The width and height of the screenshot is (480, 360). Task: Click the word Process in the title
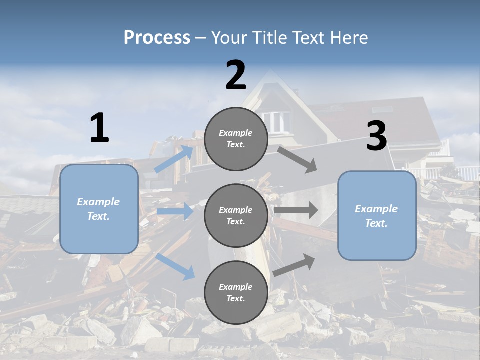(157, 37)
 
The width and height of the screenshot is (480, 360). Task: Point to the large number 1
(99, 128)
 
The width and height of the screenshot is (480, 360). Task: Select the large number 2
(236, 75)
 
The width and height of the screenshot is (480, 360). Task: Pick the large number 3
(376, 136)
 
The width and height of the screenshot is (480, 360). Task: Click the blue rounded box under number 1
(99, 209)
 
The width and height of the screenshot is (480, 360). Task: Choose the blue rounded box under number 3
(377, 215)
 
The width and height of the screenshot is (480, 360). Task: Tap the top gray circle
(236, 139)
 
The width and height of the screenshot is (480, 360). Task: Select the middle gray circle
(236, 215)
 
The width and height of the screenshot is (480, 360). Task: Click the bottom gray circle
(236, 292)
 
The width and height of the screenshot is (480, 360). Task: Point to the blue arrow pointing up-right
(174, 159)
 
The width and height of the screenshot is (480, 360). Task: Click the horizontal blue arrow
(175, 211)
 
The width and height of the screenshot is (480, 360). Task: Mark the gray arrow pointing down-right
(297, 160)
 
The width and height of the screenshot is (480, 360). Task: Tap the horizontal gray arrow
(296, 210)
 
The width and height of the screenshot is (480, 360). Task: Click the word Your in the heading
(229, 37)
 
